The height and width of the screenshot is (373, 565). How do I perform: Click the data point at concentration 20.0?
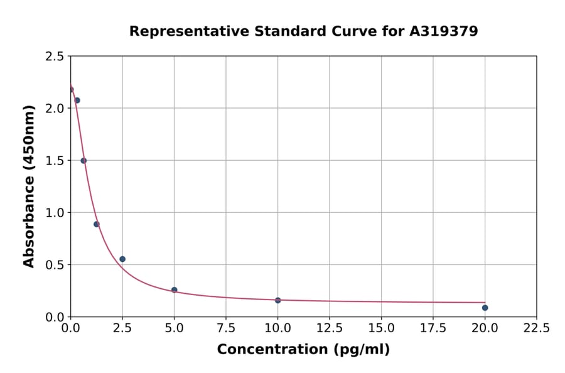point(485,308)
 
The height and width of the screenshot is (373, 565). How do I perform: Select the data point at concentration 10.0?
point(277,300)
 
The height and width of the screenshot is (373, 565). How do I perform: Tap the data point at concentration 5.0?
point(174,290)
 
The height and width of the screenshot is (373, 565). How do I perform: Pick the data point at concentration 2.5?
point(122,259)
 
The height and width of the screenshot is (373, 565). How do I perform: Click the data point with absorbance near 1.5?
point(83,161)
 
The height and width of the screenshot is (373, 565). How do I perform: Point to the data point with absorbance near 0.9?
point(97,224)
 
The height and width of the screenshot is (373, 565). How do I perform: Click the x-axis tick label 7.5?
point(226,328)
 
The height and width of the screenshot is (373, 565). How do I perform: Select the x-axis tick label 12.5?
point(330,328)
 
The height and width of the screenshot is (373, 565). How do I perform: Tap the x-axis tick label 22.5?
point(537,328)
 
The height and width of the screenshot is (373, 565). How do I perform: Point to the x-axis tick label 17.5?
point(433,328)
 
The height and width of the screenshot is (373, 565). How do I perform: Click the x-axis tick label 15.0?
point(381,328)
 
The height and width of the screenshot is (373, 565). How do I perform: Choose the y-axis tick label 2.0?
point(55,109)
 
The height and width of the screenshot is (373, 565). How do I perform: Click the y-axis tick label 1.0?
point(55,213)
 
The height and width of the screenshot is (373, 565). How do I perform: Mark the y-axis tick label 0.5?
point(55,265)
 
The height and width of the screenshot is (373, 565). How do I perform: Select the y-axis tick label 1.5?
point(55,161)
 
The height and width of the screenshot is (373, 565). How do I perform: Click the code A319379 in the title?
point(444,31)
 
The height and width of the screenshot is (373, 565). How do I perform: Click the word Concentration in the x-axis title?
point(264,350)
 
